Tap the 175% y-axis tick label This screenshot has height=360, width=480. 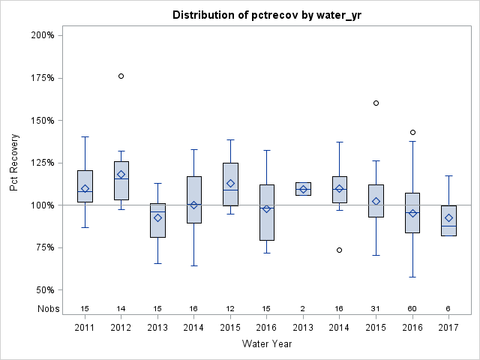[42, 78]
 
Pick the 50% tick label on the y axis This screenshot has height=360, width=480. [44, 290]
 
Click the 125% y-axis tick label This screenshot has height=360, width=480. [42, 163]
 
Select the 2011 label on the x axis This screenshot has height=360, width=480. [85, 328]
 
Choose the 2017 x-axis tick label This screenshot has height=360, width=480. [448, 328]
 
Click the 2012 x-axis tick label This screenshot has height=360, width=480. [121, 328]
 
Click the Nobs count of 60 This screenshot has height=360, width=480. [412, 309]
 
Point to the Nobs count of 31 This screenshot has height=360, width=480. [376, 309]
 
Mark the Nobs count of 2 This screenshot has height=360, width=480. [303, 309]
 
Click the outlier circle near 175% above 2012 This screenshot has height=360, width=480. [121, 76]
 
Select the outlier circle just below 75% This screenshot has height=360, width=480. [340, 250]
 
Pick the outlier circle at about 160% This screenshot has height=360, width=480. [376, 103]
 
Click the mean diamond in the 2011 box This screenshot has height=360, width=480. [85, 189]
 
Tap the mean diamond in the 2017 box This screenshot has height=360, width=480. [448, 218]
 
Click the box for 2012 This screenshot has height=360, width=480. [121, 184]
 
